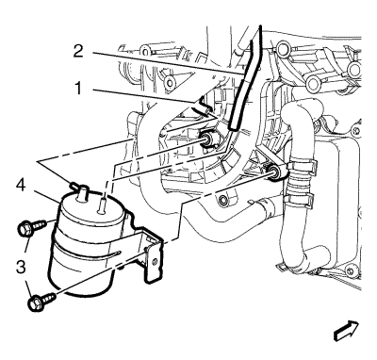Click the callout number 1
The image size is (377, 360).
tap(77, 89)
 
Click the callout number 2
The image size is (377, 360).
tap(78, 51)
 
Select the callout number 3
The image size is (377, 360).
tap(21, 268)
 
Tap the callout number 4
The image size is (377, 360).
tap(22, 185)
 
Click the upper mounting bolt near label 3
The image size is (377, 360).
tap(31, 227)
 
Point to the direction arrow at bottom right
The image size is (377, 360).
tap(346, 331)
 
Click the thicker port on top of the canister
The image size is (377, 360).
tap(82, 192)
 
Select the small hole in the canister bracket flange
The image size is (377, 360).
tap(154, 261)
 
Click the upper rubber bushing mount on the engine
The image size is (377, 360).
tap(207, 139)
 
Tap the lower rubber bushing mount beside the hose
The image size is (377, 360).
tap(273, 172)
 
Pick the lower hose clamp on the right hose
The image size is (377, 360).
tap(299, 200)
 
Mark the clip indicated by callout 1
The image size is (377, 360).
tap(201, 107)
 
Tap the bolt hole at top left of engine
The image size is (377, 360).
tap(145, 50)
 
